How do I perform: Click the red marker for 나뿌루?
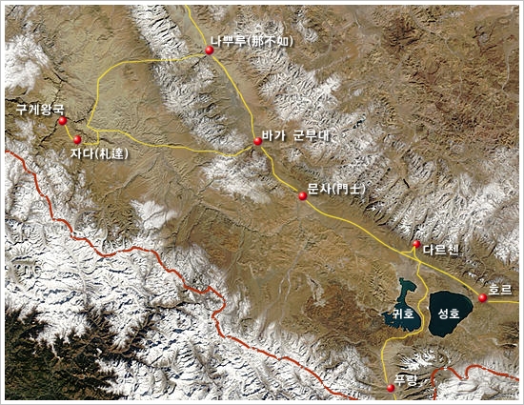click(209, 51)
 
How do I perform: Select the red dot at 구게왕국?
click(62, 121)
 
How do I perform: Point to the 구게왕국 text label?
click(39, 110)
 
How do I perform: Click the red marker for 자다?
click(77, 139)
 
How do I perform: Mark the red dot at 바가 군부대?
click(257, 141)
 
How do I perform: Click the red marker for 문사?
click(303, 196)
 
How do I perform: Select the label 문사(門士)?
click(336, 189)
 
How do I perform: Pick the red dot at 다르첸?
click(415, 245)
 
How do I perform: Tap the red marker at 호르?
click(483, 298)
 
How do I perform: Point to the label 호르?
click(499, 288)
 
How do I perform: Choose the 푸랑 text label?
click(406, 380)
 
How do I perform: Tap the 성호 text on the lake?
click(449, 312)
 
